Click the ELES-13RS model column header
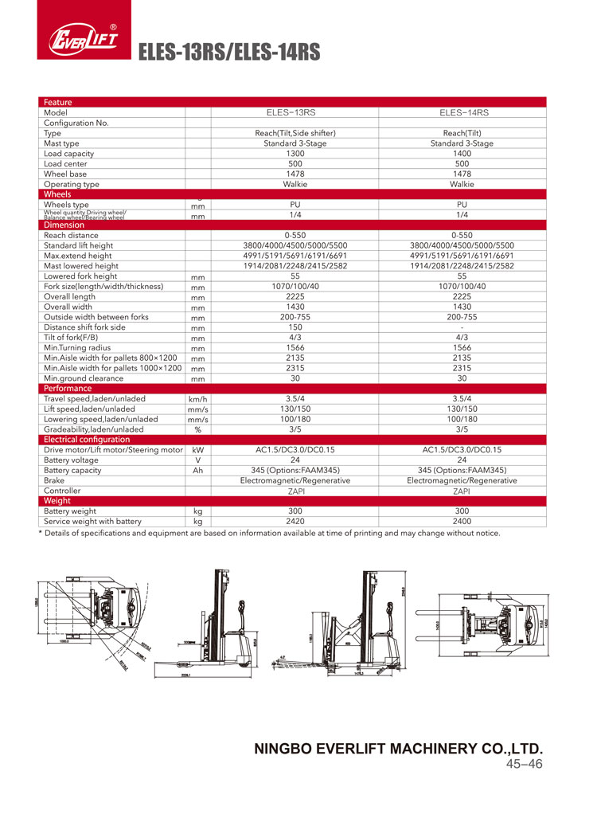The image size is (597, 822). pos(295,113)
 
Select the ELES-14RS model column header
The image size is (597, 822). pos(462,113)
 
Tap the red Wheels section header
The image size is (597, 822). pos(57,194)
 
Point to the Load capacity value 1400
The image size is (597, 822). pos(462,154)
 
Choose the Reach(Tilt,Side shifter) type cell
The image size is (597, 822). pos(295,133)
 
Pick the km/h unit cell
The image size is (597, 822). pos(197,398)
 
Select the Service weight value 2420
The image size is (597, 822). pos(295,521)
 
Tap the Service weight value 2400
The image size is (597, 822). pos(462,521)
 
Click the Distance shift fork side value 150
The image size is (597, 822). pos(295,327)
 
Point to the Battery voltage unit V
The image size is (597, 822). pos(197,460)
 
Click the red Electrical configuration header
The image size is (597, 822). pos(87,439)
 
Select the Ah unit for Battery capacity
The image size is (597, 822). pos(197,470)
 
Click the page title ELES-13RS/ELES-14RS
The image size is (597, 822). pos(229,53)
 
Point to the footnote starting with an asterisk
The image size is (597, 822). pos(270,533)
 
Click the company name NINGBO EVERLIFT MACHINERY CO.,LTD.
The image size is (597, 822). pos(398,749)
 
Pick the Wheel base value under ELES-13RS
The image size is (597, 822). pos(295,174)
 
